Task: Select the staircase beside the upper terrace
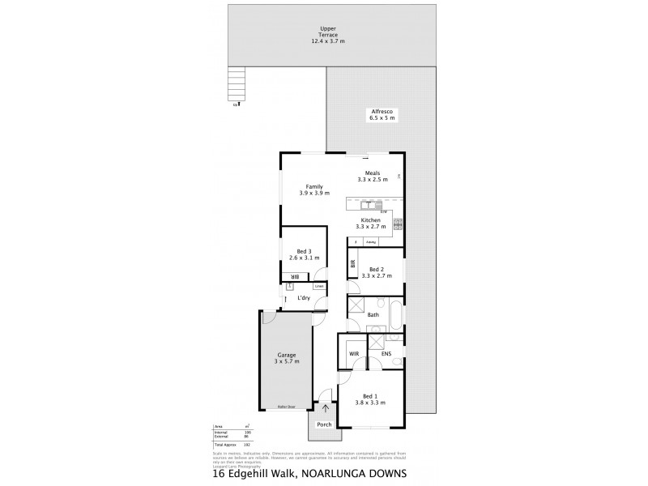[236, 83]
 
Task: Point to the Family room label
[314, 190]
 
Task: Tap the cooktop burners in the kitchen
[398, 225]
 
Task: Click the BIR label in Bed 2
[353, 265]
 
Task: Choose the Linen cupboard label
[319, 286]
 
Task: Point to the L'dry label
[304, 298]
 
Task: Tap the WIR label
[353, 353]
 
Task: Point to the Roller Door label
[285, 406]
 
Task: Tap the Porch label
[325, 425]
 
